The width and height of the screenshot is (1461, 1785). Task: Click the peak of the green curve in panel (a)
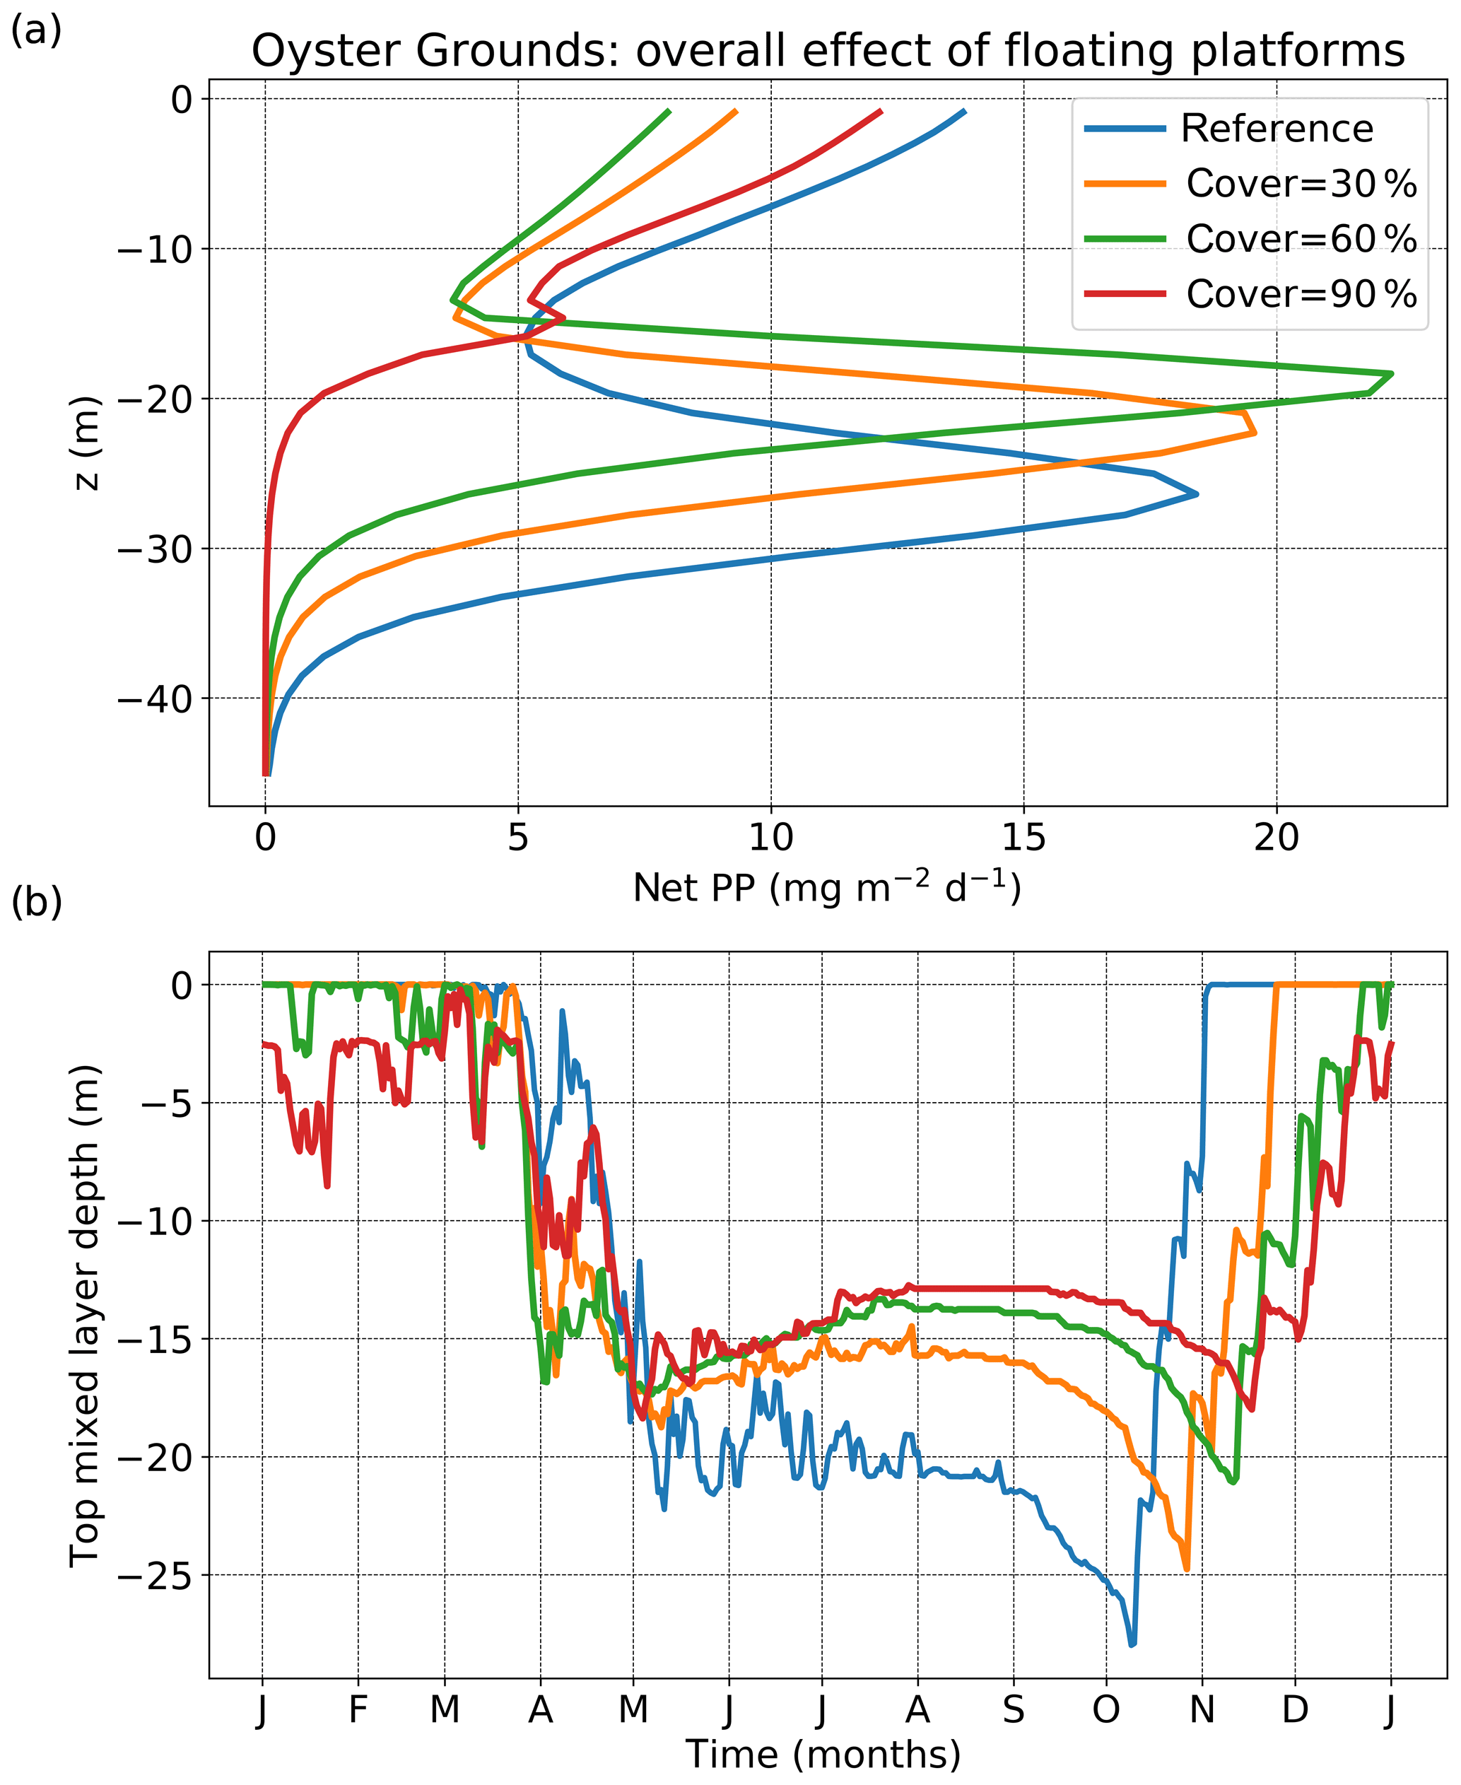click(1392, 374)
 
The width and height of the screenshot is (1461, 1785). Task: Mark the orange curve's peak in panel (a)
click(1255, 433)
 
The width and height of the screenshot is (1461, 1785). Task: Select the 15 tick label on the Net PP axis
click(1023, 838)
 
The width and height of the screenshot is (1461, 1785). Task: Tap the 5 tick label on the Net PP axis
click(517, 838)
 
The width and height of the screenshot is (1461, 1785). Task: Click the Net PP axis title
click(827, 887)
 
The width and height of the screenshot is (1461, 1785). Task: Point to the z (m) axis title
click(87, 443)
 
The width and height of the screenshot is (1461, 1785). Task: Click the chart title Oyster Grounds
click(828, 50)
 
